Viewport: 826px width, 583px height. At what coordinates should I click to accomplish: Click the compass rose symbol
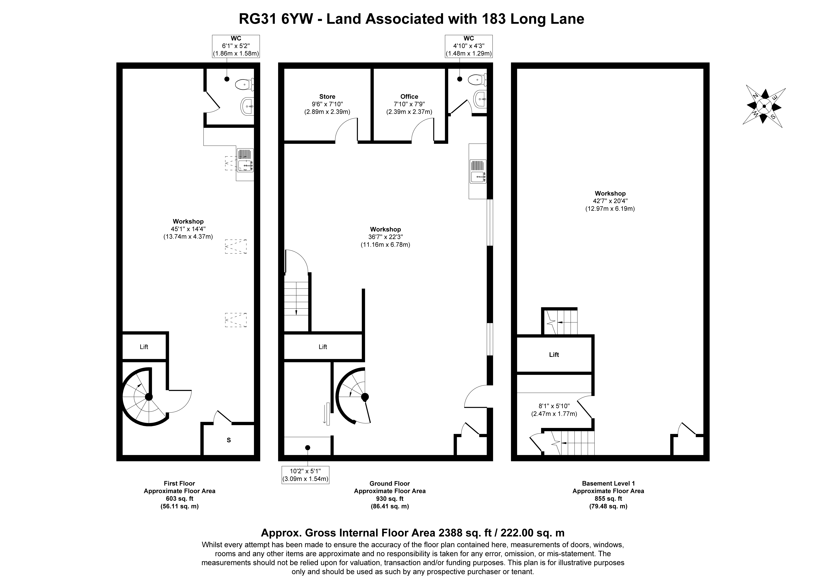pos(764,106)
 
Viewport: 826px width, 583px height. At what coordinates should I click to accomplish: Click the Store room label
pos(327,96)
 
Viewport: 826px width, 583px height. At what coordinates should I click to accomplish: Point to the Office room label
pos(409,96)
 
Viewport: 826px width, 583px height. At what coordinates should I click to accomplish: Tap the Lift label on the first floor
pos(144,347)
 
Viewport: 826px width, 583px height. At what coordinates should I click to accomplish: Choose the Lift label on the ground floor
pos(323,347)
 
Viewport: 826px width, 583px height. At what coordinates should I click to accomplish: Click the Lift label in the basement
pos(554,355)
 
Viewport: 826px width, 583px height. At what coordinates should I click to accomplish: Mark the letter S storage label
pos(229,440)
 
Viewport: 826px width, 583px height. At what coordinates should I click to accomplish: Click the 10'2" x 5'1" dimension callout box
pos(305,475)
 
